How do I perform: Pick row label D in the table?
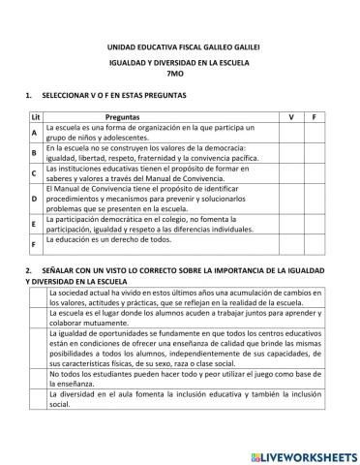[x=34, y=198]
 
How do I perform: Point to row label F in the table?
[x=34, y=244]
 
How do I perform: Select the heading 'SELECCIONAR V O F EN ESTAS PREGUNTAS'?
[x=115, y=96]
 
